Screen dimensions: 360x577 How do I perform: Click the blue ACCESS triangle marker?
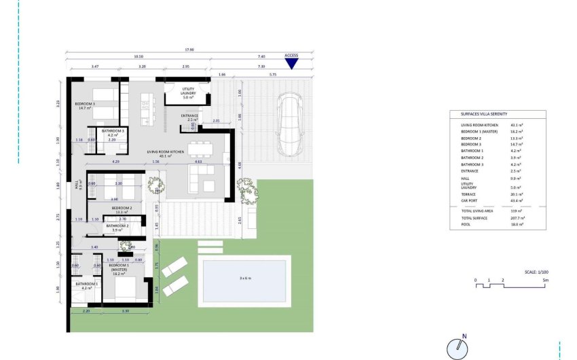(291, 64)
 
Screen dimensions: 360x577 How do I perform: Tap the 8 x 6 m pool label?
(244, 278)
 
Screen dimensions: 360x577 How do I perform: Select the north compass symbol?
(459, 348)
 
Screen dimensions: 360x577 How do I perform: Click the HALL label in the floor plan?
(80, 183)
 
